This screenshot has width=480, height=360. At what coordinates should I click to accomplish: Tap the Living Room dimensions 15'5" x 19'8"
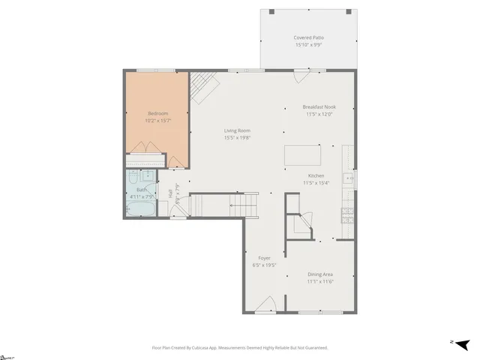pos(237,137)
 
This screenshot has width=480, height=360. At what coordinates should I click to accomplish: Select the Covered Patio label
pos(309,37)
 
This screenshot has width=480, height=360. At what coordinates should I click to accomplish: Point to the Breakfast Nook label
pos(319,107)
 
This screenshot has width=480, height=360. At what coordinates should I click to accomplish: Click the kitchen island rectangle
pos(302,156)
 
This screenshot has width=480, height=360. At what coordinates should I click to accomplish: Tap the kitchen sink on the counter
pos(348,178)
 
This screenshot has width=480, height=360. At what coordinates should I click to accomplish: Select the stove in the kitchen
pos(347,216)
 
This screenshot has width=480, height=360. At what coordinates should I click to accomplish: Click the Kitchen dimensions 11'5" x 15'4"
pos(316,182)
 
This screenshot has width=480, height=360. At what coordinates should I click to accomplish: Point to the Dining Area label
pos(319,274)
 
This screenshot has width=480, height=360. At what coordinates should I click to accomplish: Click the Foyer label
pos(265,258)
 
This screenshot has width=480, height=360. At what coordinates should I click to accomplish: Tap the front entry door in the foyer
pos(265,306)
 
